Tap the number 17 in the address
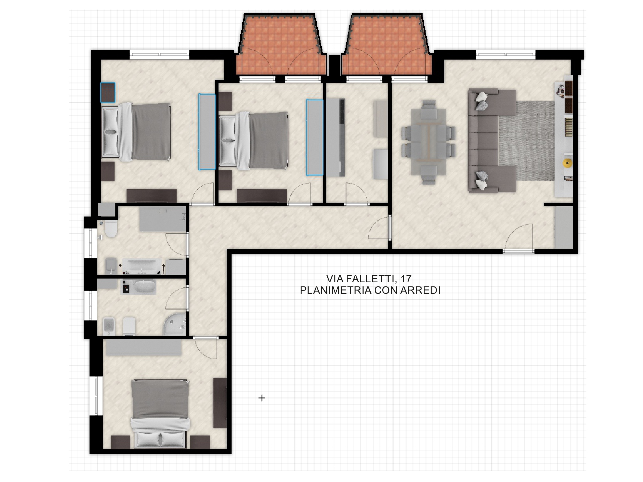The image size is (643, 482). point(406,279)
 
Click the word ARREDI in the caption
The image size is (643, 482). point(420,290)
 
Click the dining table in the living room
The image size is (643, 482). point(429,142)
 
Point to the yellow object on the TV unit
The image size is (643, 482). point(567,163)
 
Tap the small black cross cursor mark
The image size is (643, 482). point(261,398)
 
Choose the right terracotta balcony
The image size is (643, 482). point(387,45)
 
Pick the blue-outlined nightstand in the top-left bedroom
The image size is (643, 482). point(108,92)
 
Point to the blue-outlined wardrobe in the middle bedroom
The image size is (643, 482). point(315,137)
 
